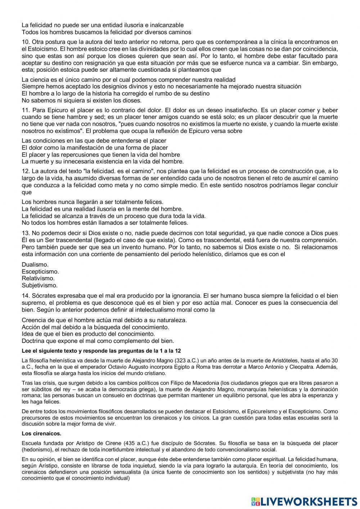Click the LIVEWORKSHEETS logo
(x=304, y=501)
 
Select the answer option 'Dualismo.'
(x=35, y=264)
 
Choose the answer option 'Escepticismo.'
(x=40, y=271)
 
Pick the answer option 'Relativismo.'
(x=38, y=278)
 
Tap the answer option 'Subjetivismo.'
(x=40, y=285)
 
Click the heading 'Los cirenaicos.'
(x=41, y=433)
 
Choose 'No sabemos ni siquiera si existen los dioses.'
(x=82, y=100)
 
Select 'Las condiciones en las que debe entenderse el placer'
(x=94, y=140)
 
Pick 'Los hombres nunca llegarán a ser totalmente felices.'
(x=93, y=202)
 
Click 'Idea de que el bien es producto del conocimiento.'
(x=88, y=334)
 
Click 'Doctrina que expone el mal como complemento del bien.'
(x=98, y=340)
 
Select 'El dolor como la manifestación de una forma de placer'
(x=95, y=148)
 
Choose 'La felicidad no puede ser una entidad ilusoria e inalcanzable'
(x=103, y=25)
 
